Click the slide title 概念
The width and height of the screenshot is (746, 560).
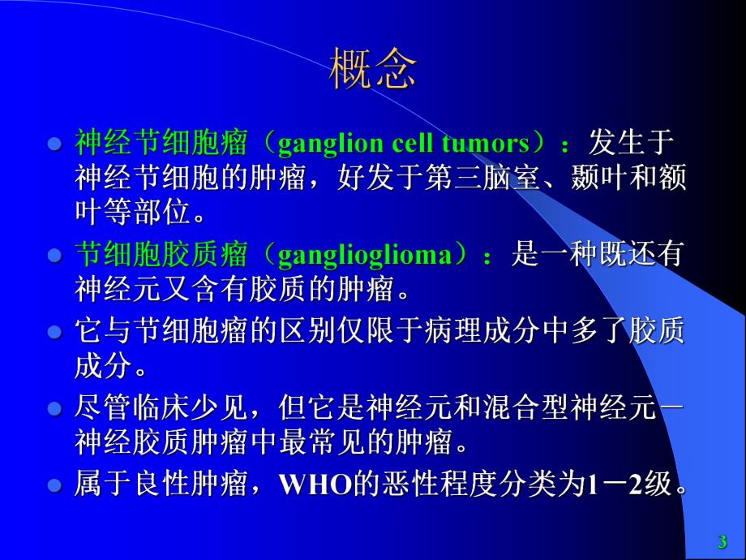click(373, 70)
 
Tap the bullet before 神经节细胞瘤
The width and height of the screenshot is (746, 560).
click(55, 145)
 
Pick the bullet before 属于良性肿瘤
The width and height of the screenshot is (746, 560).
click(55, 486)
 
